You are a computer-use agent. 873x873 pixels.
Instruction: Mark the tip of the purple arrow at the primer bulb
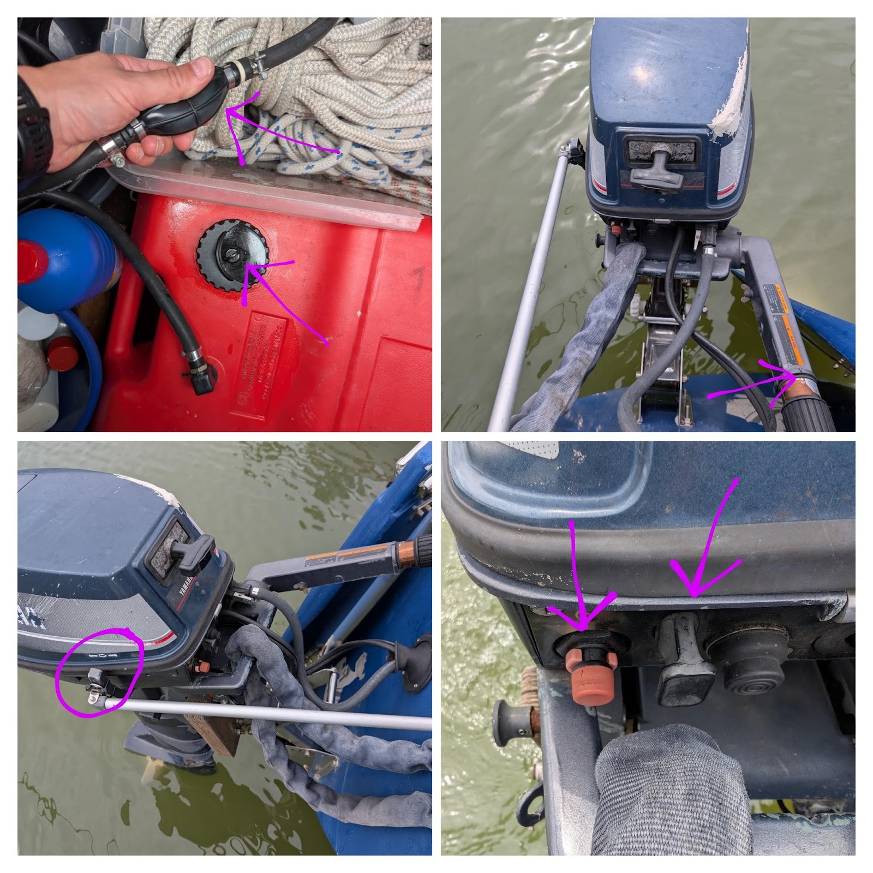click(228, 110)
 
